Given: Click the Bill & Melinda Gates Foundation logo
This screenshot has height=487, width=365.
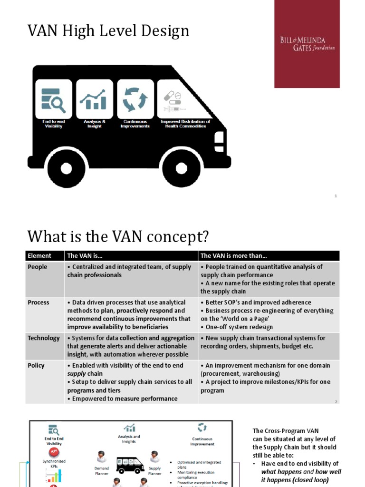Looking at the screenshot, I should tap(307, 44).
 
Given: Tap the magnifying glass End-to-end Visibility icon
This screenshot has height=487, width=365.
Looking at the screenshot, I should tap(53, 98).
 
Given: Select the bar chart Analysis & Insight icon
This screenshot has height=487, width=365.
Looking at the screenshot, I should tap(94, 98).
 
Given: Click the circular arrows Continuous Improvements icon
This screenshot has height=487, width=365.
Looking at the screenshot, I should tap(135, 98).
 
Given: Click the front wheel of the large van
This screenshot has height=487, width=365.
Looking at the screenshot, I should tap(181, 168).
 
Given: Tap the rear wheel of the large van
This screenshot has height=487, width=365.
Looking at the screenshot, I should tap(67, 168).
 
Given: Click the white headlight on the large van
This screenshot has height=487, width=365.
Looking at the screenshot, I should tap(219, 137).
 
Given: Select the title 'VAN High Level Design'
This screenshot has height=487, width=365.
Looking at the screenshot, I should tap(108, 31).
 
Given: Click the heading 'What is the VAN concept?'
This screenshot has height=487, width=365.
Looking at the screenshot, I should tap(118, 236).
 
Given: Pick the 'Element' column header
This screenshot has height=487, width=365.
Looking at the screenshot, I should tap(39, 256).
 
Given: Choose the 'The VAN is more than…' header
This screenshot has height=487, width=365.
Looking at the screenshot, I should tap(230, 256).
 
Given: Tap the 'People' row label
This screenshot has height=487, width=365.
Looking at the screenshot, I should tap(38, 267).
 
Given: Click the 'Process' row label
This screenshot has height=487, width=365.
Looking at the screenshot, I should tap(38, 302).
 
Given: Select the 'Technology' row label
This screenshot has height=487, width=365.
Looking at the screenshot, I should tap(44, 338).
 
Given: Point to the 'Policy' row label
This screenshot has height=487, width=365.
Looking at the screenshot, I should tap(36, 366).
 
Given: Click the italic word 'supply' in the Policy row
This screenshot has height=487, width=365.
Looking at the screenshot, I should tap(77, 374).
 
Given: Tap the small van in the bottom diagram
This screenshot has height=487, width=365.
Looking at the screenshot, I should tap(130, 465).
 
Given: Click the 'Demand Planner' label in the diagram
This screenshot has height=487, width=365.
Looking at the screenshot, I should tap(101, 471).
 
